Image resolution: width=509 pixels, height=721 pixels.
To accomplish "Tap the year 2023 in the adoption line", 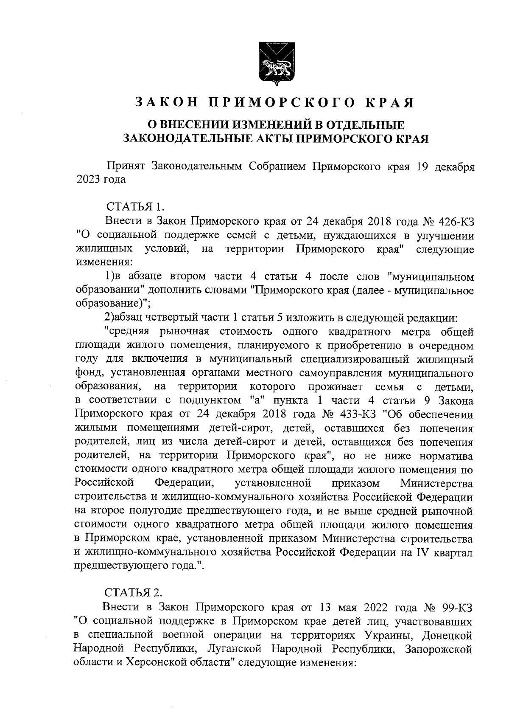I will pyautogui.click(x=87, y=179).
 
